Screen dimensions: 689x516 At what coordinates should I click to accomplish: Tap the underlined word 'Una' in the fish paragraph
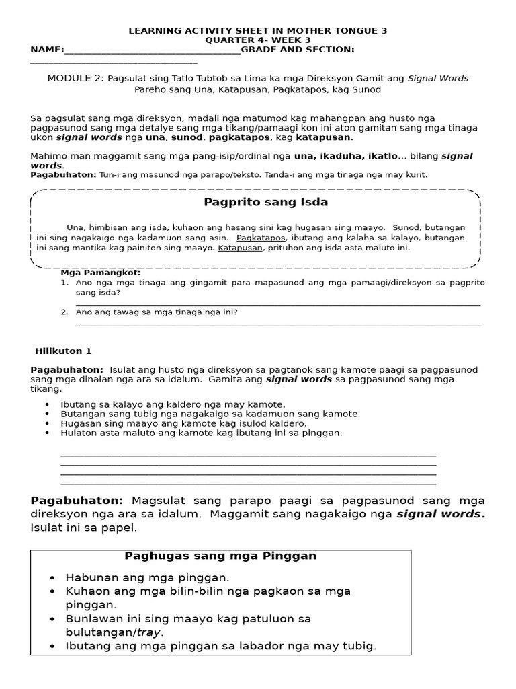[75, 227]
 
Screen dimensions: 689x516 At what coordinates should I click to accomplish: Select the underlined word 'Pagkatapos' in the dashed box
[261, 238]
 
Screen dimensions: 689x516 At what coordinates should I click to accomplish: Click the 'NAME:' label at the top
[47, 50]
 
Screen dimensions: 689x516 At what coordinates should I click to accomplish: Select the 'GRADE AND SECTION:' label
[298, 50]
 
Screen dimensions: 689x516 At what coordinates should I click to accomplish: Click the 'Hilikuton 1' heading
[63, 351]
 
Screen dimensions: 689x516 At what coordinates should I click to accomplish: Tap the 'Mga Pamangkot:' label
[101, 273]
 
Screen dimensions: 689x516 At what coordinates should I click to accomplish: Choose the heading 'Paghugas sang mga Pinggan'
[220, 556]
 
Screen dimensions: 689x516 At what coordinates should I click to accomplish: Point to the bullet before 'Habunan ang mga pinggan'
[52, 578]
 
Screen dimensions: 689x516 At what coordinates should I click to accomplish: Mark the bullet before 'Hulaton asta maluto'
[46, 433]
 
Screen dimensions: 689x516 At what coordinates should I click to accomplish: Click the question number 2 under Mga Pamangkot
[64, 312]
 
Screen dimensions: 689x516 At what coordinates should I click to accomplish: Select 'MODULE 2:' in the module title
[75, 79]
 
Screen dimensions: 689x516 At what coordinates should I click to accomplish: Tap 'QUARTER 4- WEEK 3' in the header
[257, 40]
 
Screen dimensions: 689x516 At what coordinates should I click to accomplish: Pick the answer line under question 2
[278, 325]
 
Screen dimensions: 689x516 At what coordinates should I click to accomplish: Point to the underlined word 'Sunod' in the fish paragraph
[405, 227]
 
